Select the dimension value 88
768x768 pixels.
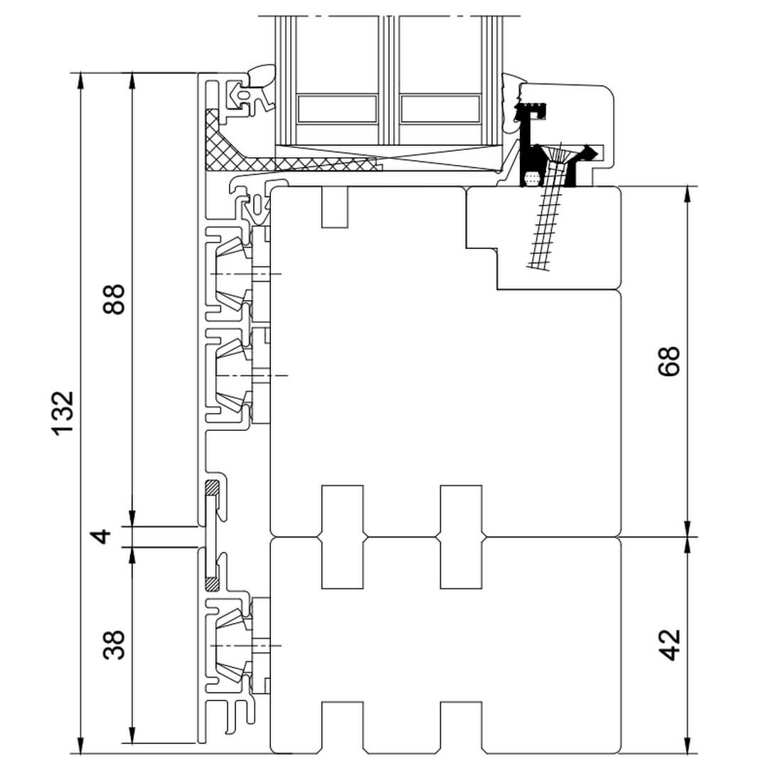[114, 299]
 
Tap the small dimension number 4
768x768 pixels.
[102, 536]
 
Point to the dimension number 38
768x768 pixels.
[114, 644]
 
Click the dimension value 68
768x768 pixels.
[669, 361]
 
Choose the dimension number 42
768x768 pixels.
[669, 644]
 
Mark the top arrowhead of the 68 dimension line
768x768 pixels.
[687, 194]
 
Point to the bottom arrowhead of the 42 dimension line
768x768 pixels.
[687, 745]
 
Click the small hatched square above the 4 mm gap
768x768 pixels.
[212, 488]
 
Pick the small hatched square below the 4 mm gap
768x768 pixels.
[212, 583]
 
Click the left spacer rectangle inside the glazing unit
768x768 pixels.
[338, 108]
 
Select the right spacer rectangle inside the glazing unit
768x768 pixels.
[440, 108]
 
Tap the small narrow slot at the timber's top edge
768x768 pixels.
[334, 207]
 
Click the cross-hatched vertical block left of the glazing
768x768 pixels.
[213, 139]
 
